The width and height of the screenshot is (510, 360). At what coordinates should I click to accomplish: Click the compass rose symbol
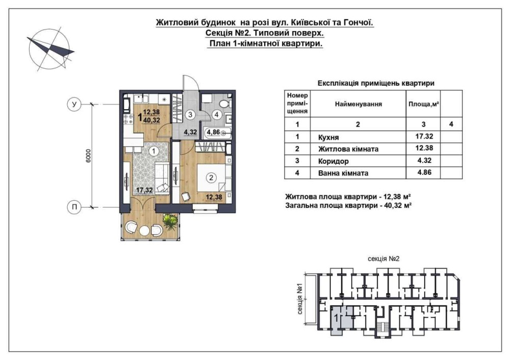pyautogui.click(x=49, y=49)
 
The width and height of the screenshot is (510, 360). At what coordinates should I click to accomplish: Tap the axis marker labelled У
pyautogui.click(x=74, y=105)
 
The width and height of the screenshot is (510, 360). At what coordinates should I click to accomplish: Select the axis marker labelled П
pyautogui.click(x=74, y=207)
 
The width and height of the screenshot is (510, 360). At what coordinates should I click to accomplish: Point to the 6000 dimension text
pyautogui.click(x=89, y=156)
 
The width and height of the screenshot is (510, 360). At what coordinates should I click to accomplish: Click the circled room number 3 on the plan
pyautogui.click(x=190, y=114)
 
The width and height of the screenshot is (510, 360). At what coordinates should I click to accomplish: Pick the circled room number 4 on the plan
pyautogui.click(x=216, y=114)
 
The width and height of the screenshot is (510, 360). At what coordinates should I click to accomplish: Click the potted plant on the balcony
pyautogui.click(x=170, y=221)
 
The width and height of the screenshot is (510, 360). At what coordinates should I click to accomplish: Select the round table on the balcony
pyautogui.click(x=144, y=230)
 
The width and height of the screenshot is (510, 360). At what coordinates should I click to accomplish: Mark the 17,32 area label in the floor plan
pyautogui.click(x=144, y=190)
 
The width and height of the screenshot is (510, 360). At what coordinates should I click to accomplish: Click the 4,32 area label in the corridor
pyautogui.click(x=191, y=132)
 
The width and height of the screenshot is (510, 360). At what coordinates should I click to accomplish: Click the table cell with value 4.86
pyautogui.click(x=423, y=173)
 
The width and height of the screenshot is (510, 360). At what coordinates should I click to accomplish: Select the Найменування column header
pyautogui.click(x=358, y=104)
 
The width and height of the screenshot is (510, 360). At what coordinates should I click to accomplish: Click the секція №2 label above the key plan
pyautogui.click(x=384, y=259)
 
